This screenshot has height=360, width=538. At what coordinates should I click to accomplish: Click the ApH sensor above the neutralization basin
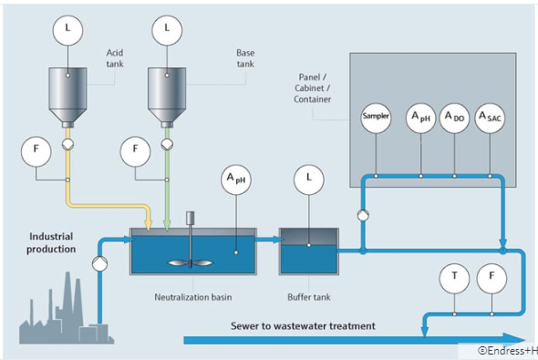[x=234, y=180]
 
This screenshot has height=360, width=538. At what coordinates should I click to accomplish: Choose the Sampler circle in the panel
[x=375, y=118]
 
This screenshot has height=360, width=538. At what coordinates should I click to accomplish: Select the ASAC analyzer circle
[x=490, y=118]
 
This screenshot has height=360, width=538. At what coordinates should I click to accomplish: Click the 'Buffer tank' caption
[x=307, y=296]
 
